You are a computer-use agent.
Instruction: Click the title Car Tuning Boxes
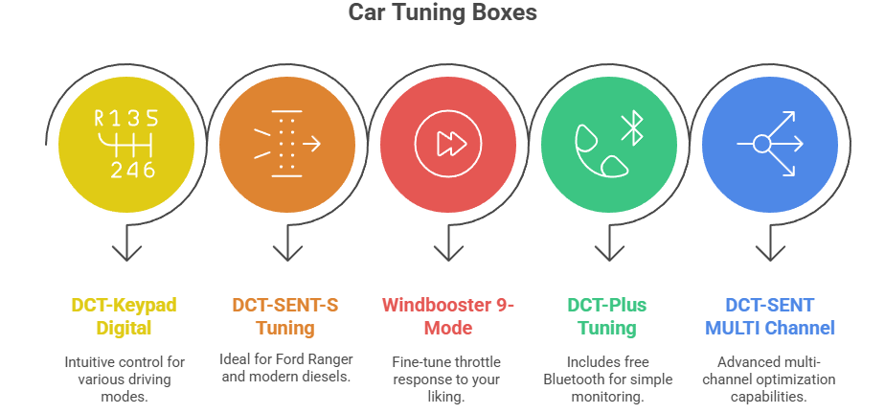point(442,12)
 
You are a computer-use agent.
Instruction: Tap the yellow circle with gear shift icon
point(126,145)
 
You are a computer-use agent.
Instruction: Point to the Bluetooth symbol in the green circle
point(630,126)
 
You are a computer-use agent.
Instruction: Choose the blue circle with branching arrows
point(770,145)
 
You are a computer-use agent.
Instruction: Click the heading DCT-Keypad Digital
point(125,316)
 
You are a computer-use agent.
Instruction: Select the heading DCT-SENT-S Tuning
point(284,316)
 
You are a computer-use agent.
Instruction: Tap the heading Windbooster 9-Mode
point(448,316)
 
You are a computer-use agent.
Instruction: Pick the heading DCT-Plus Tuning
point(606,316)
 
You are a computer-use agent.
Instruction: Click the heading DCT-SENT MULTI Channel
point(769,316)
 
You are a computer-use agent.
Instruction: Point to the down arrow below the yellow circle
point(126,251)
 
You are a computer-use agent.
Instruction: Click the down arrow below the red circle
point(448,251)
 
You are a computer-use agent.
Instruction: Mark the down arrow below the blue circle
point(770,251)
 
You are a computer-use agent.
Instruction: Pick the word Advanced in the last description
point(743,363)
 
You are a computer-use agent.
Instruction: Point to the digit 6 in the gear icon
point(147,170)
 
